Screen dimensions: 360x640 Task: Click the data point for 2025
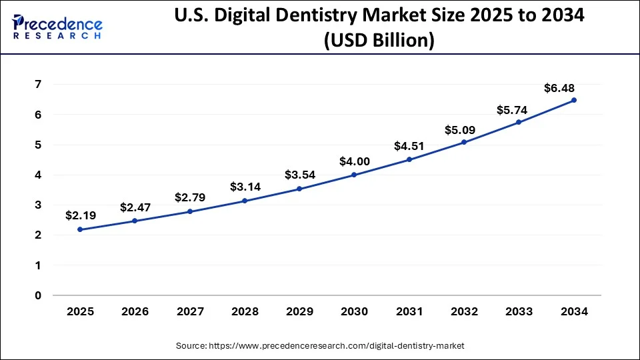[x=80, y=229]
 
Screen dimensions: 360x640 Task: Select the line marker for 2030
[x=354, y=175]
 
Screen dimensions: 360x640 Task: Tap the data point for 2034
[x=574, y=100]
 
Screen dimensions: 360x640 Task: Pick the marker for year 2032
[x=464, y=142]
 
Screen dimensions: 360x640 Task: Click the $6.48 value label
[x=559, y=88]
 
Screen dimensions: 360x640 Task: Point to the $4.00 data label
[x=354, y=161]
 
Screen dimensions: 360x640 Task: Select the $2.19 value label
[x=80, y=215]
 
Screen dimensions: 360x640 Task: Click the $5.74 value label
[x=512, y=110]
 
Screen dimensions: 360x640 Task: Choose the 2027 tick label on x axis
[x=189, y=311]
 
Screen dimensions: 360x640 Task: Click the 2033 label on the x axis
[x=519, y=311]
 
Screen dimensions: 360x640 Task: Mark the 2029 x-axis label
[x=299, y=311]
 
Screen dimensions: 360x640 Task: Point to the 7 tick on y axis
[x=39, y=85]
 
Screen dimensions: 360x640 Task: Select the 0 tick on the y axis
[x=39, y=295]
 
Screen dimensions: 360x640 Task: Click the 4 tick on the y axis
[x=39, y=175]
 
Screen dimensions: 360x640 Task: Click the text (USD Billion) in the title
[x=379, y=41]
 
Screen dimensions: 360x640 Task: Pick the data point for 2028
[x=244, y=201]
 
